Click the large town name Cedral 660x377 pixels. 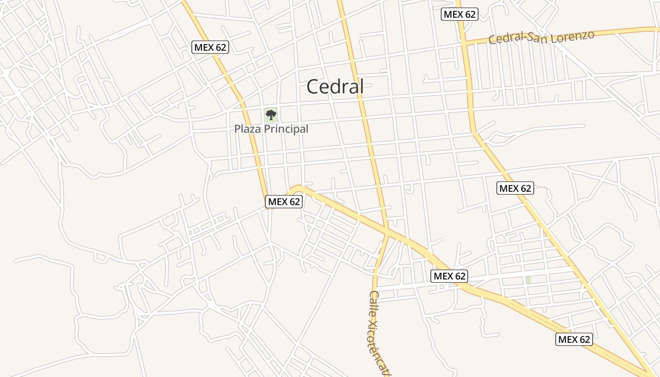[x=335, y=87]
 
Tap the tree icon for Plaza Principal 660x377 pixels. [x=271, y=115]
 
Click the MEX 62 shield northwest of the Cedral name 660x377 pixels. [x=211, y=47]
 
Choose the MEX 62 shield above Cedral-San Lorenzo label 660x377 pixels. [x=460, y=14]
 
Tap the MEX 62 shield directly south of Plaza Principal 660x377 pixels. [x=284, y=202]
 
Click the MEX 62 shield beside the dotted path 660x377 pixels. [x=515, y=188]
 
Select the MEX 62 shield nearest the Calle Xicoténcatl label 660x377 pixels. [x=449, y=276]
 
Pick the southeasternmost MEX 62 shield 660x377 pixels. [x=574, y=339]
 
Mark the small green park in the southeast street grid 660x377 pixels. [x=528, y=280]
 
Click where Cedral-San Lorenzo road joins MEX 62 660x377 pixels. [x=464, y=43]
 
